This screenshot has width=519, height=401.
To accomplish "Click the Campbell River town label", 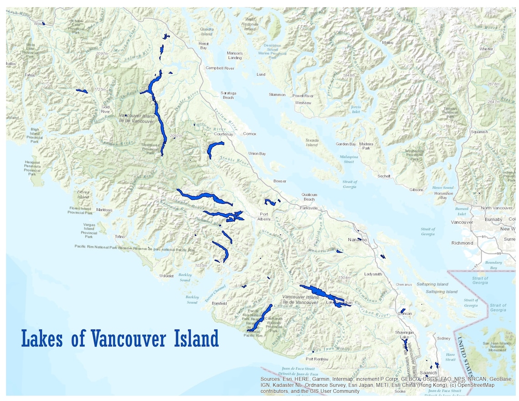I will point(220,68).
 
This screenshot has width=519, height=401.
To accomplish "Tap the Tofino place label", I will point(120,237).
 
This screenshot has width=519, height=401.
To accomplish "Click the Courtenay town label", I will point(223,134).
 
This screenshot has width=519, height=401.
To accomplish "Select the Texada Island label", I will point(312,142).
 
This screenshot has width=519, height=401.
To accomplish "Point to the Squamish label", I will point(479,132).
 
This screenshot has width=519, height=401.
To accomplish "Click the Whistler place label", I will point(486,49).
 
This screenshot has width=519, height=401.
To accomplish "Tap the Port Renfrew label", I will point(317,359).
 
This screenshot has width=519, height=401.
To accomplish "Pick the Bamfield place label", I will point(219,303).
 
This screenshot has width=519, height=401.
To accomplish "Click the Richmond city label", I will point(463,243).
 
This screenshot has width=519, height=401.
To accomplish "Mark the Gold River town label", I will point(105,109).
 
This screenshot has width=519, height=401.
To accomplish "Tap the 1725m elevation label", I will point(101,90).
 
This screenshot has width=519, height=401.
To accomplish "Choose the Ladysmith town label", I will point(373,274).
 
